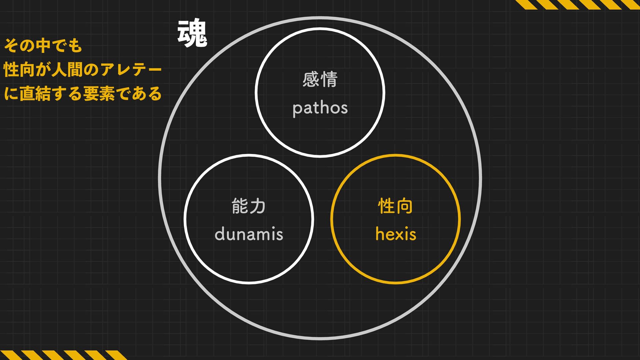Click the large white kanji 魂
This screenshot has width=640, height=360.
click(192, 33)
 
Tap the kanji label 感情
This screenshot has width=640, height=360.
click(320, 80)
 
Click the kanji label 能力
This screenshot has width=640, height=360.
click(249, 206)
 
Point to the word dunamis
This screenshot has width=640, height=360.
click(249, 234)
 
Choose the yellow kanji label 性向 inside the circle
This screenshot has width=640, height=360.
click(395, 206)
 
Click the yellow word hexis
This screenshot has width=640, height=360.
click(396, 234)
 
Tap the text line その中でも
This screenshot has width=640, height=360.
click(43, 45)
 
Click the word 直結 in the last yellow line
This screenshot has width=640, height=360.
click(35, 94)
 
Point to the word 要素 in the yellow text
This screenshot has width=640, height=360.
click(99, 94)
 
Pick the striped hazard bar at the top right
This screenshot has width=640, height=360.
click(577, 4)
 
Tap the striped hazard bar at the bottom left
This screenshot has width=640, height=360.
click(63, 355)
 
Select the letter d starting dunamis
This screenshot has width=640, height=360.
click(219, 234)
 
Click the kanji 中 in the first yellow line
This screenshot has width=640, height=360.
click(43, 45)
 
